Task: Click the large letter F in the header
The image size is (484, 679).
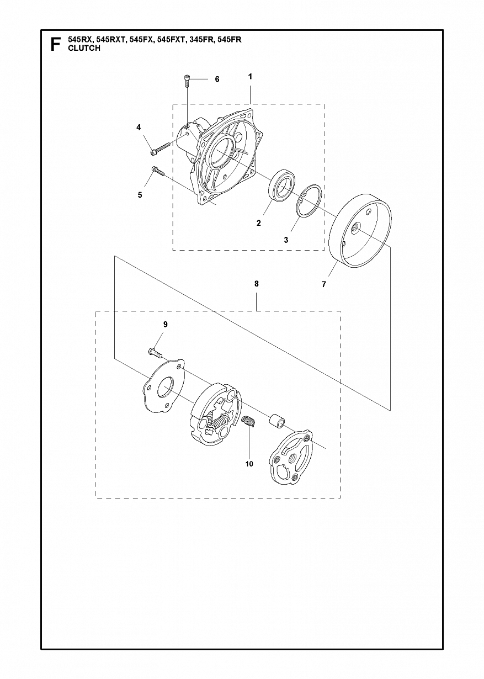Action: (55, 45)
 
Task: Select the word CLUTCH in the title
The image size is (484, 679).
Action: (84, 48)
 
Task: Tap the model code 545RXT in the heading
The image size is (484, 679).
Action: (112, 40)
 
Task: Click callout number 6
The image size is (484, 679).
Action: (217, 79)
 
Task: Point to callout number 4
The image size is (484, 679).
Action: (139, 128)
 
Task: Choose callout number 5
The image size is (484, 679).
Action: (140, 195)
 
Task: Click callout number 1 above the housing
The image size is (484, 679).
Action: (250, 77)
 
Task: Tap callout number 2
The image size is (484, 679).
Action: (258, 223)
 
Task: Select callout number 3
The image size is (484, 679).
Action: (286, 240)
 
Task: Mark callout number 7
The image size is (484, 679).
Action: (323, 284)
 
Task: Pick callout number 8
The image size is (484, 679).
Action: (257, 284)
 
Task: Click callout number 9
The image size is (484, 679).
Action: (165, 325)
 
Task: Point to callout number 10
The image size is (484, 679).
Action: (249, 464)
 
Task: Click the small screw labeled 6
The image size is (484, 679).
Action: (186, 81)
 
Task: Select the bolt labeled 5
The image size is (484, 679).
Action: (158, 171)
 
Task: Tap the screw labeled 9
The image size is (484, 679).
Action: (156, 353)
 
